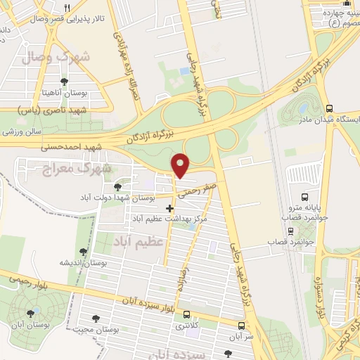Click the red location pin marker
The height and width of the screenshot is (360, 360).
181,165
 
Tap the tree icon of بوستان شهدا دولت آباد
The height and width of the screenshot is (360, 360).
117,186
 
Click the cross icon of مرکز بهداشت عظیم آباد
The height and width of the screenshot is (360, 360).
169,208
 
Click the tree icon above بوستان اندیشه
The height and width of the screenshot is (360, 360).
83,251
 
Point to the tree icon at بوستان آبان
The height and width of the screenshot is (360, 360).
30,314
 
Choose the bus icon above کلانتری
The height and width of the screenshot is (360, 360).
186,315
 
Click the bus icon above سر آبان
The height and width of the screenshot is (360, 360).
241,326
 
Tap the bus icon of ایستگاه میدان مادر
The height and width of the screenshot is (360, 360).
330,108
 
